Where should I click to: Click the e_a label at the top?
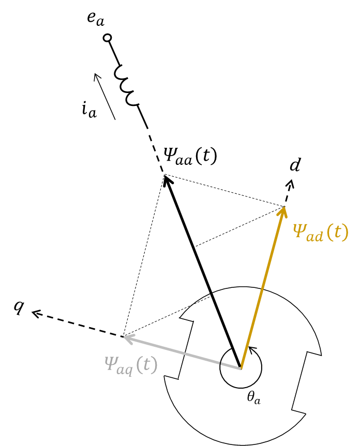[x=96, y=19]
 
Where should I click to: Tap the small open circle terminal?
[x=107, y=38]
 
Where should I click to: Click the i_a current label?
[x=89, y=111]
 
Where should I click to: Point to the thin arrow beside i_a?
[x=104, y=97]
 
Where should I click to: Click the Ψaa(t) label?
[x=190, y=156]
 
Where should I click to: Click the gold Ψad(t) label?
[x=321, y=232]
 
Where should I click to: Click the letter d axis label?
[x=295, y=165]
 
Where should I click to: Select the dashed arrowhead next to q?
[x=36, y=314]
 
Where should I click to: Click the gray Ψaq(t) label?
[x=131, y=365]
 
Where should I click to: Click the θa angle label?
[x=253, y=397]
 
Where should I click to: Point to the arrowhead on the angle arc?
[x=252, y=350]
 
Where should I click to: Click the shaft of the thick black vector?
[x=203, y=271]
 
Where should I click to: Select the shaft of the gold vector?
[x=262, y=287]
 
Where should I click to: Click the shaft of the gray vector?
[x=182, y=352]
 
